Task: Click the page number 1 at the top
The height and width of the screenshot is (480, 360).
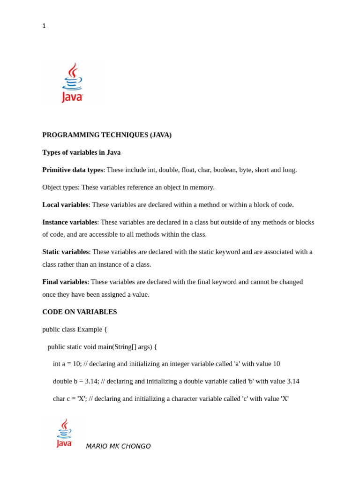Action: (44, 26)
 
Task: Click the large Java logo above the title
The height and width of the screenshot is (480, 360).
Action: (72, 82)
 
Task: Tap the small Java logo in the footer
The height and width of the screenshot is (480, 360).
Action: (64, 433)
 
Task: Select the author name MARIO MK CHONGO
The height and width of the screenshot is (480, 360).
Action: (118, 446)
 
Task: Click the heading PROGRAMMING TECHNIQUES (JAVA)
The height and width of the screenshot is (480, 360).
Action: (107, 135)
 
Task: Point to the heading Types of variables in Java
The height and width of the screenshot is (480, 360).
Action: (81, 152)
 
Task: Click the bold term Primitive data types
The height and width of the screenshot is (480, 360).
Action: (73, 170)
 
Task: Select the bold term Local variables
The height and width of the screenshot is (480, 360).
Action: (65, 205)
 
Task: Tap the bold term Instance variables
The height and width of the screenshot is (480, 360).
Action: (69, 222)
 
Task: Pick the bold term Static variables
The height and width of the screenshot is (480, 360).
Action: (66, 252)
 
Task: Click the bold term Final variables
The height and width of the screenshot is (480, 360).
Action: (65, 282)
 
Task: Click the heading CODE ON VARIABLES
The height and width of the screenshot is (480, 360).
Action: (80, 312)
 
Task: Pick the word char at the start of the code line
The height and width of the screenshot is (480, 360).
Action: (59, 398)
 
